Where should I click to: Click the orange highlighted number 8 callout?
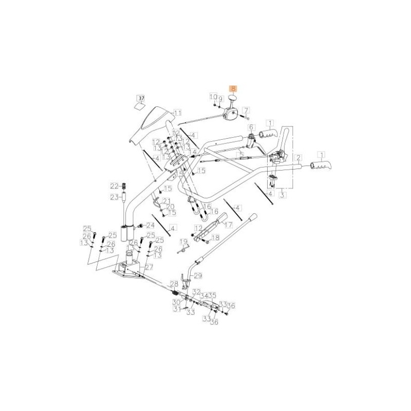(233, 88)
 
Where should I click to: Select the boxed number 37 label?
(141, 98)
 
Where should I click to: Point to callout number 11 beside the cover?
(177, 113)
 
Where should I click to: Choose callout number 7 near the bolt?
(246, 110)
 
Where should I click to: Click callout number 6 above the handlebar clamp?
(251, 127)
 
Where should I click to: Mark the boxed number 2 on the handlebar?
(298, 157)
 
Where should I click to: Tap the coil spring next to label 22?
(123, 185)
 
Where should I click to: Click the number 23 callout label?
(115, 196)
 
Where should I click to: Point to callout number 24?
(151, 225)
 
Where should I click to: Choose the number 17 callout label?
(228, 225)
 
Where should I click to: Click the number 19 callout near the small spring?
(183, 241)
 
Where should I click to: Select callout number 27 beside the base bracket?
(149, 268)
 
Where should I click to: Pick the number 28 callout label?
(174, 284)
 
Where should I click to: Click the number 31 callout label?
(177, 309)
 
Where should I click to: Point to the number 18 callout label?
(215, 237)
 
